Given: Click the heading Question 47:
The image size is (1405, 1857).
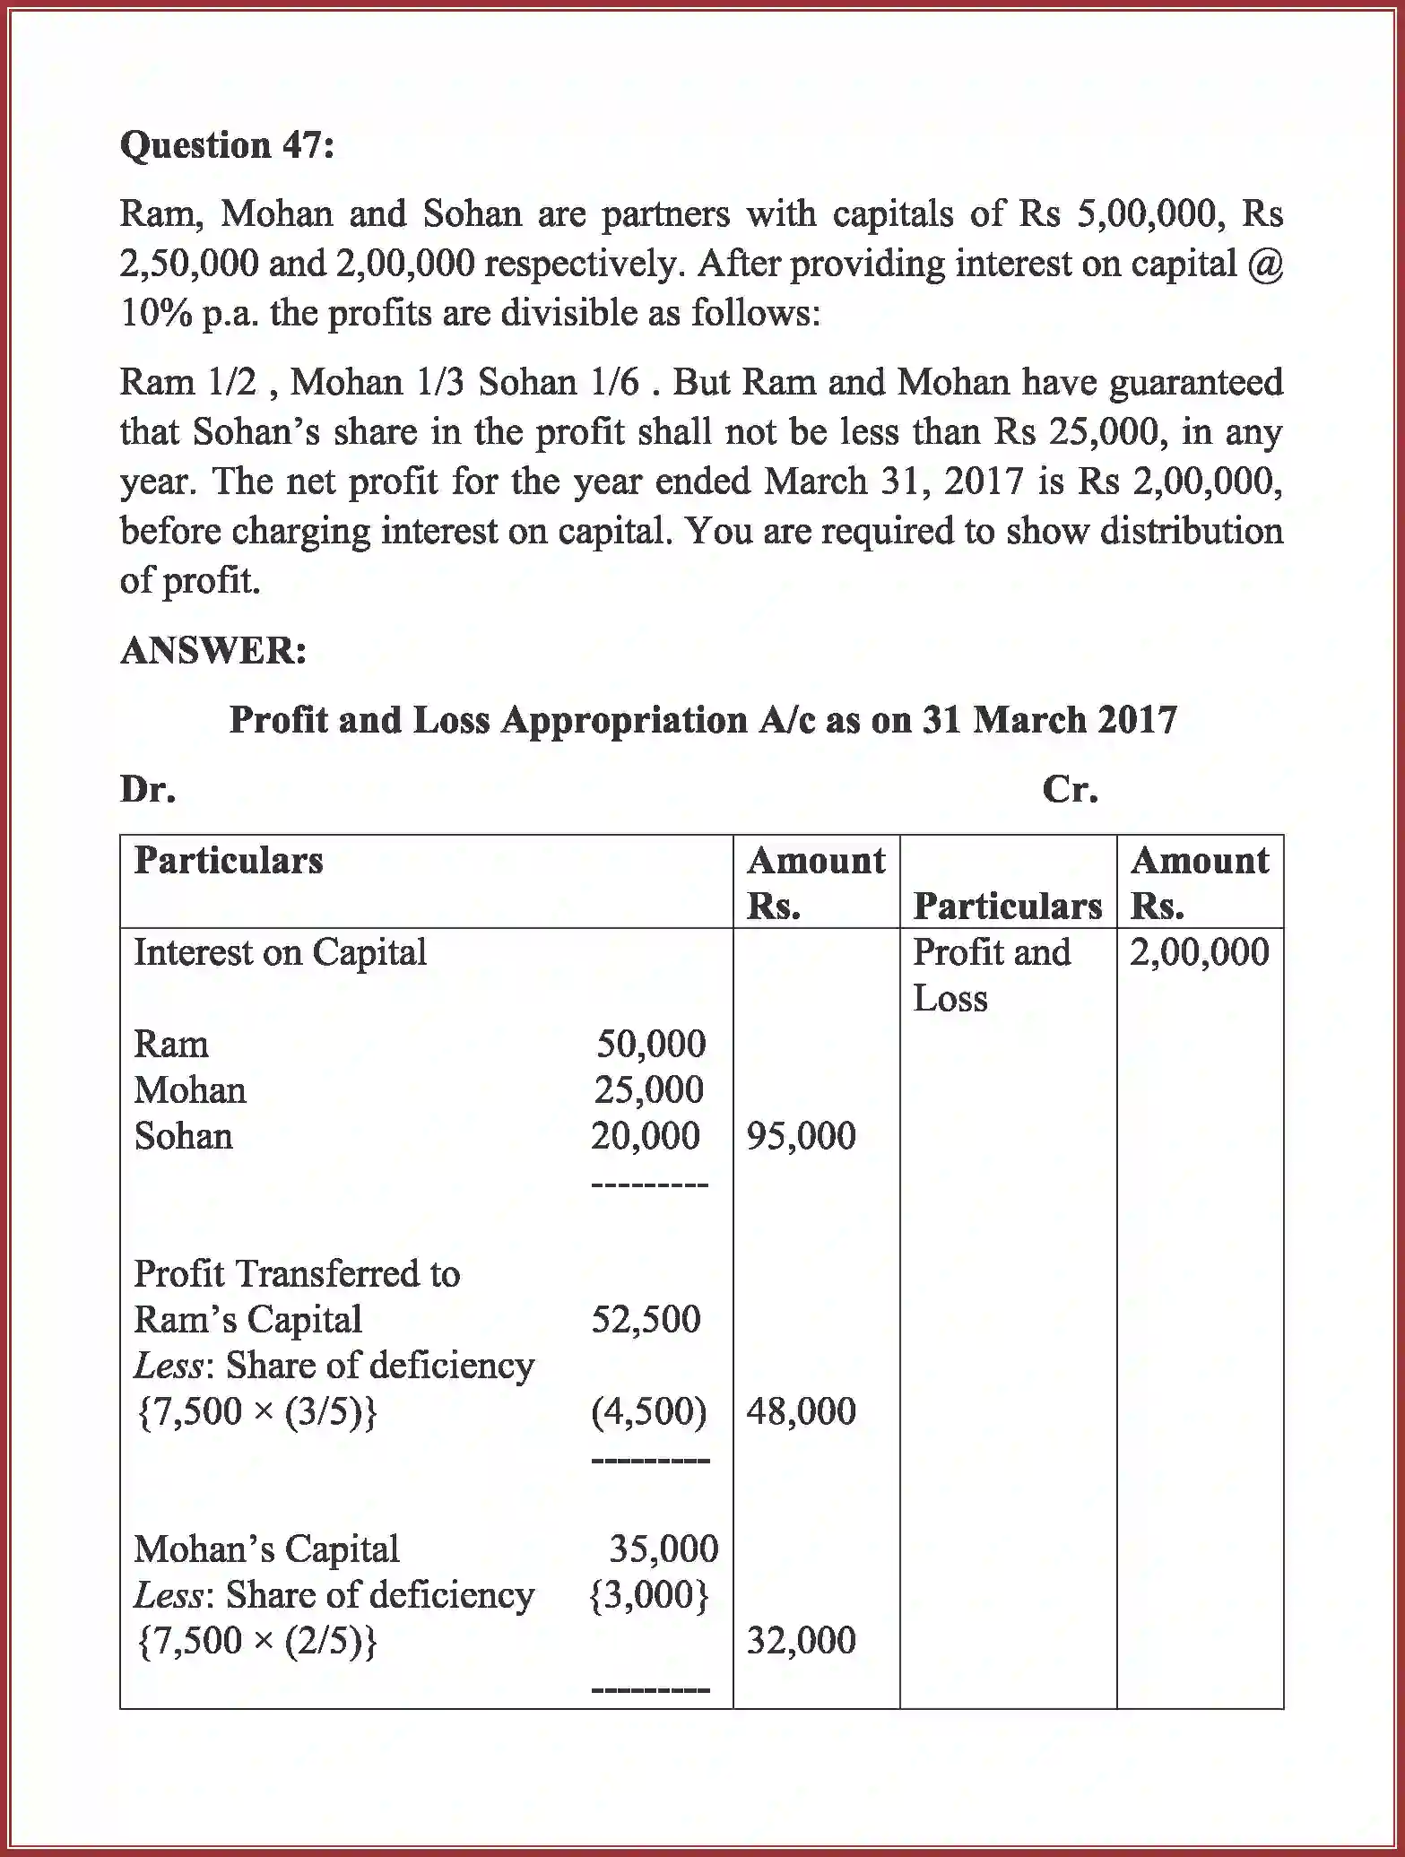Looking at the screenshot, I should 227,145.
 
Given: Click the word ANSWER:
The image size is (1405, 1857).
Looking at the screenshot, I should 213,651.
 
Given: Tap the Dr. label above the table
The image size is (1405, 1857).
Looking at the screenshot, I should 148,789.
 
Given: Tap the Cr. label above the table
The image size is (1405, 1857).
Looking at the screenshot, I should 1070,789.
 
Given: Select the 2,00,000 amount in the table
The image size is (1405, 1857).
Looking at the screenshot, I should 1199,952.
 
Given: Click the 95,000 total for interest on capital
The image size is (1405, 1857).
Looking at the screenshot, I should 801,1136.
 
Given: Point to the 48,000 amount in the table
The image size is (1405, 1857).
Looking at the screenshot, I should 801,1411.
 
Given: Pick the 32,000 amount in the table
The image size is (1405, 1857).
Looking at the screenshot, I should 801,1641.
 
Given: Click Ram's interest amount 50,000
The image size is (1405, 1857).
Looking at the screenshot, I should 651,1044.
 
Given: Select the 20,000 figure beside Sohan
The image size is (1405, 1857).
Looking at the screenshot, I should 645,1136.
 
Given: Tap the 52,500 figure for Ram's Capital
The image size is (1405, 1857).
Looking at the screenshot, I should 646,1319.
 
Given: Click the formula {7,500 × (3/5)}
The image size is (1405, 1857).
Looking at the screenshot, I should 256,1411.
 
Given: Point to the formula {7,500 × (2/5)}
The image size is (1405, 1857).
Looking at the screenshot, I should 256,1641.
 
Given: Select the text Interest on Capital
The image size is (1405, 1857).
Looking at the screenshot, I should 280,952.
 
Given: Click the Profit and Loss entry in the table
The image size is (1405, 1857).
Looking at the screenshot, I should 991,975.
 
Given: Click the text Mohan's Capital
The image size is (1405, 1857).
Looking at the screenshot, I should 266,1549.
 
